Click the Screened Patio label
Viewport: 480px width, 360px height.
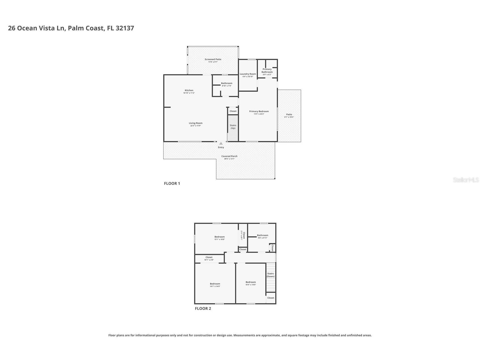(x=213, y=59)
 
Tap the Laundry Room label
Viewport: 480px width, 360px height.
(x=248, y=74)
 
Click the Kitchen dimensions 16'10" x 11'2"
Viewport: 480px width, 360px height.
(x=189, y=93)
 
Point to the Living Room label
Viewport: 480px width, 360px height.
(x=196, y=123)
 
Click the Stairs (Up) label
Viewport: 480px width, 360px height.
(x=233, y=127)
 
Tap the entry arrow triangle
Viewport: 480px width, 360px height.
(x=221, y=143)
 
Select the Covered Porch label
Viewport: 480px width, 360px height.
(x=229, y=156)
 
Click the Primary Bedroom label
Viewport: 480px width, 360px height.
(x=259, y=112)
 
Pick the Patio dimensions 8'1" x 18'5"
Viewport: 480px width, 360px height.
(x=289, y=117)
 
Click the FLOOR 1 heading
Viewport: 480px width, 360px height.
(x=172, y=183)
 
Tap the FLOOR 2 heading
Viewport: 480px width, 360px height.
(x=203, y=308)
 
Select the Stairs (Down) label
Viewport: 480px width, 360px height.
(x=270, y=275)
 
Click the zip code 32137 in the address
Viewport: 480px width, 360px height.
(x=125, y=28)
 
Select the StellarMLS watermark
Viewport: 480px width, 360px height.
(x=466, y=180)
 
